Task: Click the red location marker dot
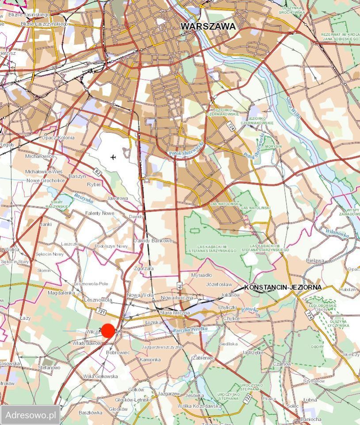(108, 331)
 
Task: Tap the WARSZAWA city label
(208, 27)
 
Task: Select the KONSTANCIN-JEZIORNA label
(283, 287)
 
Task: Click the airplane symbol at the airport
(114, 157)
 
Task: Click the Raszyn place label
(77, 176)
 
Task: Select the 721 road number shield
(101, 312)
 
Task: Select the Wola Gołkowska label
(100, 376)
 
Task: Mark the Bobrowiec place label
(118, 352)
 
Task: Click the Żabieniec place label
(203, 357)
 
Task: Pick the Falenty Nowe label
(100, 213)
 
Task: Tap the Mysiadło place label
(201, 274)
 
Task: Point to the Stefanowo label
(49, 367)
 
